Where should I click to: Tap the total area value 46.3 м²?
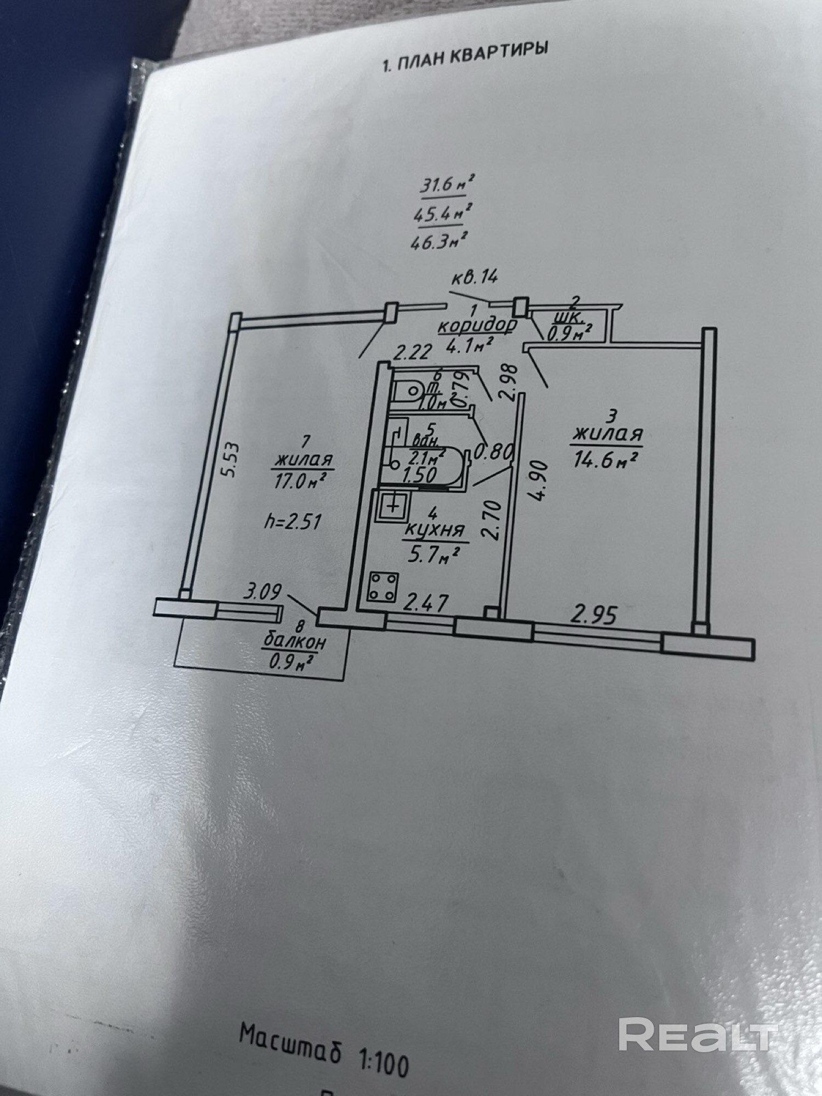(x=439, y=240)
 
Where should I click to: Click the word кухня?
(x=435, y=530)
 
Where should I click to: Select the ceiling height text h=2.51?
(x=292, y=521)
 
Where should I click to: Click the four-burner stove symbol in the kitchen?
(x=383, y=587)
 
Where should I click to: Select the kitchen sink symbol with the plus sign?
(x=392, y=506)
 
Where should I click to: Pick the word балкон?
(x=294, y=641)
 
